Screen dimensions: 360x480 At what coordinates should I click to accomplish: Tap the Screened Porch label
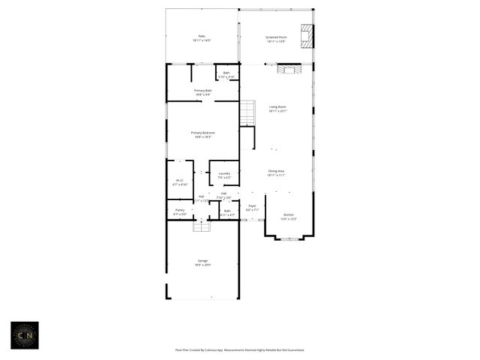click(x=276, y=38)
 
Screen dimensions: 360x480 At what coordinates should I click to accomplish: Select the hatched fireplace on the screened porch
click(x=306, y=35)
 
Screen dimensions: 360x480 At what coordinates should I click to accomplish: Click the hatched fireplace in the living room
click(x=288, y=70)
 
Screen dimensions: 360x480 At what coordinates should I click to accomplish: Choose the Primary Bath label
click(x=203, y=92)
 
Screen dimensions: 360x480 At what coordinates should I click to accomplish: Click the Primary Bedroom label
click(x=203, y=134)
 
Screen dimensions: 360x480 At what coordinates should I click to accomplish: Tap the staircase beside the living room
click(x=247, y=113)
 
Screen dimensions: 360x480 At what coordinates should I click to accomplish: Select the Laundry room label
click(x=223, y=175)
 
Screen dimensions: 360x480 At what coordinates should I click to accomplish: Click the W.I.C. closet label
click(x=180, y=181)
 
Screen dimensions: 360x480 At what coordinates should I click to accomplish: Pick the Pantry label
click(x=180, y=212)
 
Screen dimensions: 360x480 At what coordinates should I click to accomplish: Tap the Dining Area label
click(x=276, y=172)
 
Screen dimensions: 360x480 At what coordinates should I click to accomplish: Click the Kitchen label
click(x=289, y=217)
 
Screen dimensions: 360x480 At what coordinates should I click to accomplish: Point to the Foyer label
click(x=252, y=208)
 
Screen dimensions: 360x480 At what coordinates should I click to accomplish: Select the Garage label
click(x=203, y=262)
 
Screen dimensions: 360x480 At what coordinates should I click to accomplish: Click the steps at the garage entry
click(x=201, y=226)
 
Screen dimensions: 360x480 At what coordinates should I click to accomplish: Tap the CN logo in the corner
click(x=24, y=335)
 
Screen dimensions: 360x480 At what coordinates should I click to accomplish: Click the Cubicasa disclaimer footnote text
click(x=239, y=349)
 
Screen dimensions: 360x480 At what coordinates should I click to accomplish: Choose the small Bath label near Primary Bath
click(x=226, y=74)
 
